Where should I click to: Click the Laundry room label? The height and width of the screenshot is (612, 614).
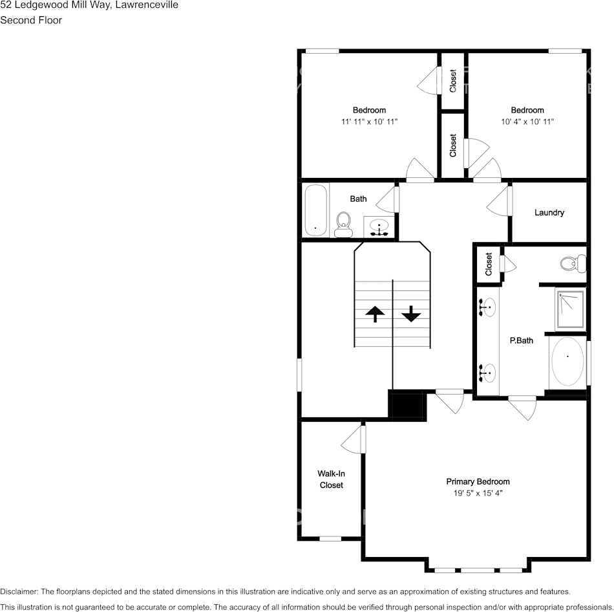[x=549, y=212]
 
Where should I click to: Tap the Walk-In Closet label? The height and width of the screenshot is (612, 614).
[x=331, y=479]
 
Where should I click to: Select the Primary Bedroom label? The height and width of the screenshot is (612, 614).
[x=478, y=481]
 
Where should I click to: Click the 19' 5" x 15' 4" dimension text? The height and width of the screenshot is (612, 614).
[x=478, y=493]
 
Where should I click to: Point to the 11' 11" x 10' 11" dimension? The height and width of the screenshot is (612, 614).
[x=370, y=122]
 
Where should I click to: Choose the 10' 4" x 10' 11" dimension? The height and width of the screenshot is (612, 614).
[x=527, y=122]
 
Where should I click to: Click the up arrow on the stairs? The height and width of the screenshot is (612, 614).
[x=375, y=314]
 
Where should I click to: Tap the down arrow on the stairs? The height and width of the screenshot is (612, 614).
[x=411, y=314]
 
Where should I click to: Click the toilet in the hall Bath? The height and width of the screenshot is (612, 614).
[x=344, y=224]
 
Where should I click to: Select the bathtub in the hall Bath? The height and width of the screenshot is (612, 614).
[x=315, y=210]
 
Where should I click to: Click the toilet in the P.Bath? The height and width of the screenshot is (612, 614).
[x=573, y=263]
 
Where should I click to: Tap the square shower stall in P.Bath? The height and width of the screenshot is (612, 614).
[x=569, y=310]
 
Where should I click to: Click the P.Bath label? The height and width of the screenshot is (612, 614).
[x=521, y=340]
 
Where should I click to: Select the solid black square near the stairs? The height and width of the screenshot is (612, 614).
[x=407, y=406]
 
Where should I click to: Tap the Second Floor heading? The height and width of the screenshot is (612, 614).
[x=31, y=20]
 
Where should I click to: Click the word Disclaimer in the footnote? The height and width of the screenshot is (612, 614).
[x=19, y=591]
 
